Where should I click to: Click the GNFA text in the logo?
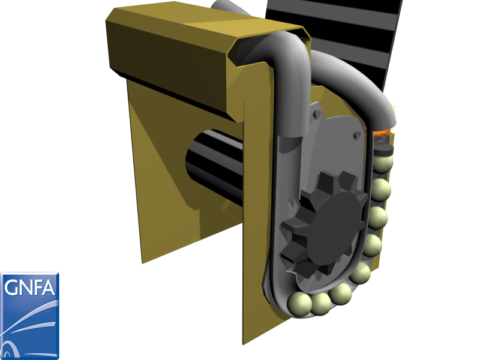[x=29, y=287]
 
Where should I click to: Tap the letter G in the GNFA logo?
[x=11, y=287]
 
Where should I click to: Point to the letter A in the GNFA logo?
[x=49, y=287]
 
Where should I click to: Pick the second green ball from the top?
[x=381, y=190]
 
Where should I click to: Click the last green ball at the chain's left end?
[x=299, y=304]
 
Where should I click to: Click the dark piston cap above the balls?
[x=384, y=149]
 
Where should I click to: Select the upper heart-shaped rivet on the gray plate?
[x=317, y=113]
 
